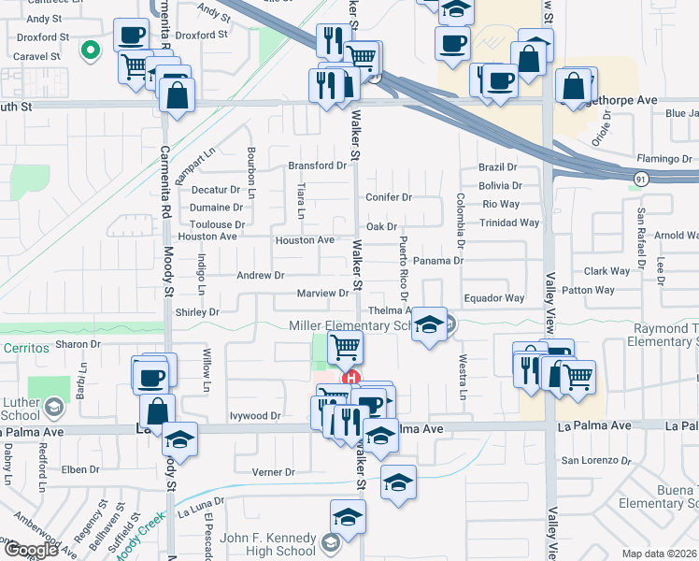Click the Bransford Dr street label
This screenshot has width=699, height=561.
coord(317,165)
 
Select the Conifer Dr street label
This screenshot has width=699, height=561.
coord(389,197)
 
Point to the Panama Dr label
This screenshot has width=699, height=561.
coord(437,261)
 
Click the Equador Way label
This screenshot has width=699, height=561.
coord(494,298)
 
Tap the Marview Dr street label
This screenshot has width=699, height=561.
coord(322,294)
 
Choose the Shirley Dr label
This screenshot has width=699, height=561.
coord(197,312)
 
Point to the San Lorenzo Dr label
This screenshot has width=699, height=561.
coord(595,460)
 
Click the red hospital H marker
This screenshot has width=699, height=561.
coord(351,379)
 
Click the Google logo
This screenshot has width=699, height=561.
coord(31,550)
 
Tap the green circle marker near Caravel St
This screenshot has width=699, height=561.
coord(91,50)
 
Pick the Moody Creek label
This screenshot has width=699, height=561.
coord(139,544)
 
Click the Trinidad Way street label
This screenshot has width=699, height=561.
coord(509,223)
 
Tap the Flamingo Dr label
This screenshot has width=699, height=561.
coord(663,158)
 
